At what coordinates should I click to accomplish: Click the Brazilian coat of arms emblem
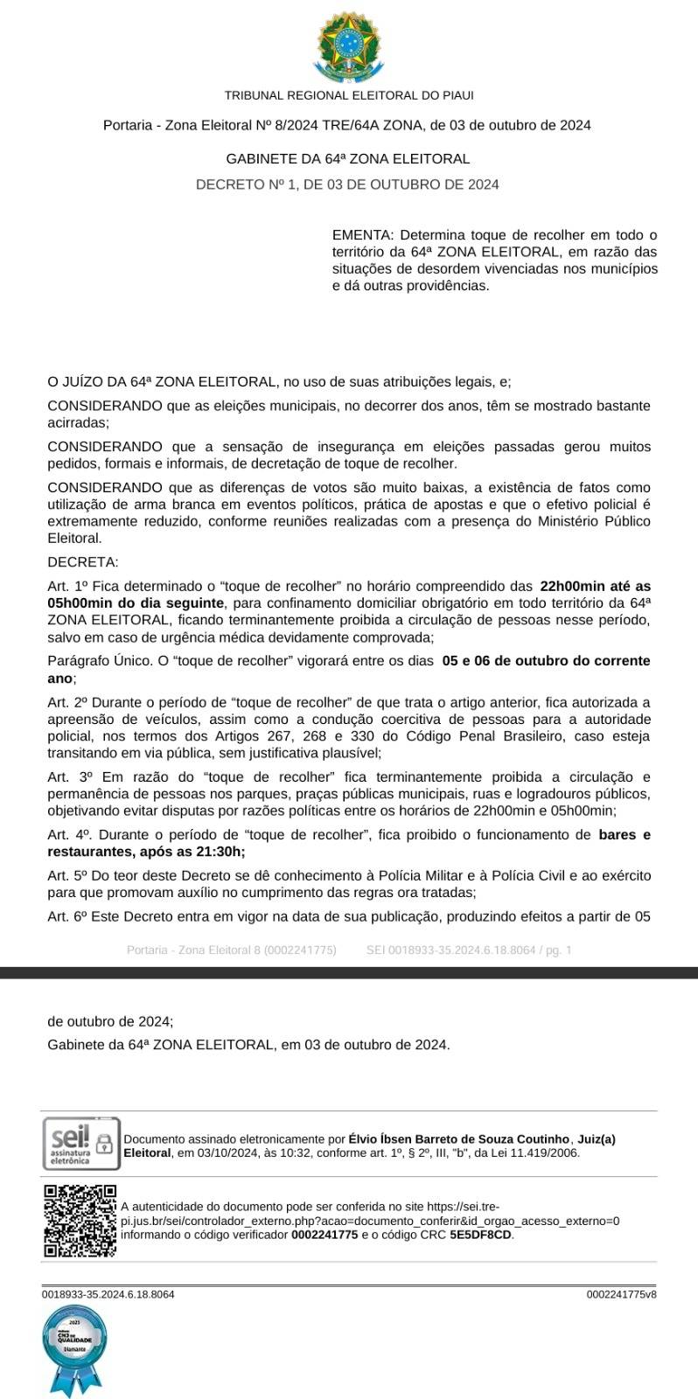[x=348, y=47]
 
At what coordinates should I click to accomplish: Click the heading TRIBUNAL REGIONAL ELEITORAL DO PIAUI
[x=348, y=95]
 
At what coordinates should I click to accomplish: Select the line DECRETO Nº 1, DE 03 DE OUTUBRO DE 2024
[x=347, y=184]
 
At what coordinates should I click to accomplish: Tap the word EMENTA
[x=362, y=235]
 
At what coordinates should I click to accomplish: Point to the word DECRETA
[x=82, y=562]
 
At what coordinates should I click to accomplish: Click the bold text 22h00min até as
[x=596, y=586]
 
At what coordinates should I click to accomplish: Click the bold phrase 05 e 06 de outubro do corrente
[x=546, y=661]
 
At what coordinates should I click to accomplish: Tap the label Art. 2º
[x=67, y=702]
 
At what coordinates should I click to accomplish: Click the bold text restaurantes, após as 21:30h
[x=145, y=852]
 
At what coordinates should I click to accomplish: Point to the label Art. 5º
[x=67, y=876]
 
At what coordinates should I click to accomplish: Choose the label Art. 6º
[x=67, y=916]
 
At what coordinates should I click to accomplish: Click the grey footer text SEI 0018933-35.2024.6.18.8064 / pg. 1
[x=468, y=950]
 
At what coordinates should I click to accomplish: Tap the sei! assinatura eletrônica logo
[x=80, y=1144]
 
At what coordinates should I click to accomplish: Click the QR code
[x=80, y=1220]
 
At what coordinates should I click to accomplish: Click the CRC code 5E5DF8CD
[x=480, y=1235]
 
